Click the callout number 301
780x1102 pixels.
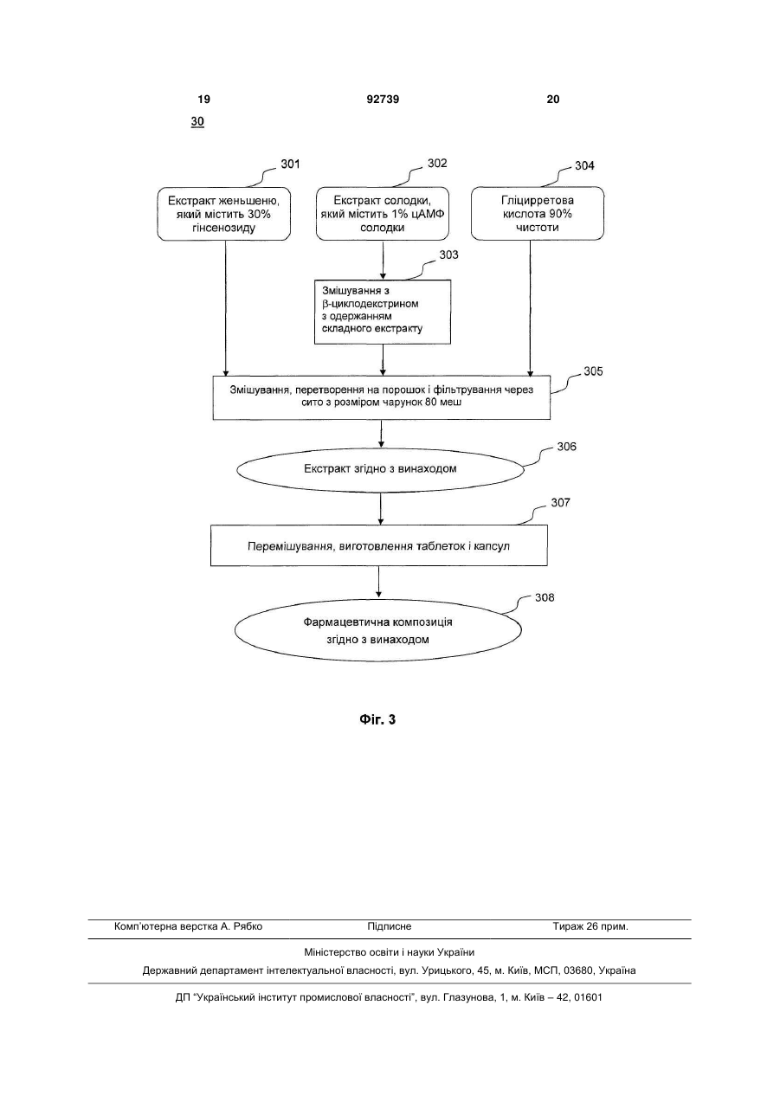pyautogui.click(x=290, y=164)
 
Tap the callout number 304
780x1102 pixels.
pyautogui.click(x=584, y=166)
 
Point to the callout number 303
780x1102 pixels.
pyautogui.click(x=448, y=255)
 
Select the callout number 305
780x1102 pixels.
pyautogui.click(x=593, y=371)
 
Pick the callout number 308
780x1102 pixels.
pyautogui.click(x=545, y=597)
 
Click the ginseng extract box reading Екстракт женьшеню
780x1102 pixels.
pyautogui.click(x=224, y=214)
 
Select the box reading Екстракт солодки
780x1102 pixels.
pyautogui.click(x=383, y=214)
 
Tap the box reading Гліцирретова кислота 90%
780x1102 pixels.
pyautogui.click(x=538, y=214)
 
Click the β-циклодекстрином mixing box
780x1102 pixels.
pyautogui.click(x=383, y=312)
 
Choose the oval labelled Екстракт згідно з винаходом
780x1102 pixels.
pyautogui.click(x=380, y=469)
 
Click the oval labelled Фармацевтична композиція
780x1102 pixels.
pyautogui.click(x=377, y=631)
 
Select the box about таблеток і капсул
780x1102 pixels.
pyautogui.click(x=379, y=545)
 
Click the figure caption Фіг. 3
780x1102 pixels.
pyautogui.click(x=377, y=719)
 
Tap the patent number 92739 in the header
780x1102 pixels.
pyautogui.click(x=383, y=100)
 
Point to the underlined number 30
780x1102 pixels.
pyautogui.click(x=197, y=121)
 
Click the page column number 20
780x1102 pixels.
pyautogui.click(x=553, y=100)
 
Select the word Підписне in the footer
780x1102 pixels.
pyautogui.click(x=390, y=926)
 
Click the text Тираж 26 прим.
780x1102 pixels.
pyautogui.click(x=590, y=926)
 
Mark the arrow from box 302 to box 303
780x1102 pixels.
pyautogui.click(x=383, y=261)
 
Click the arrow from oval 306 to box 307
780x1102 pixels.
pyautogui.click(x=380, y=508)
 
